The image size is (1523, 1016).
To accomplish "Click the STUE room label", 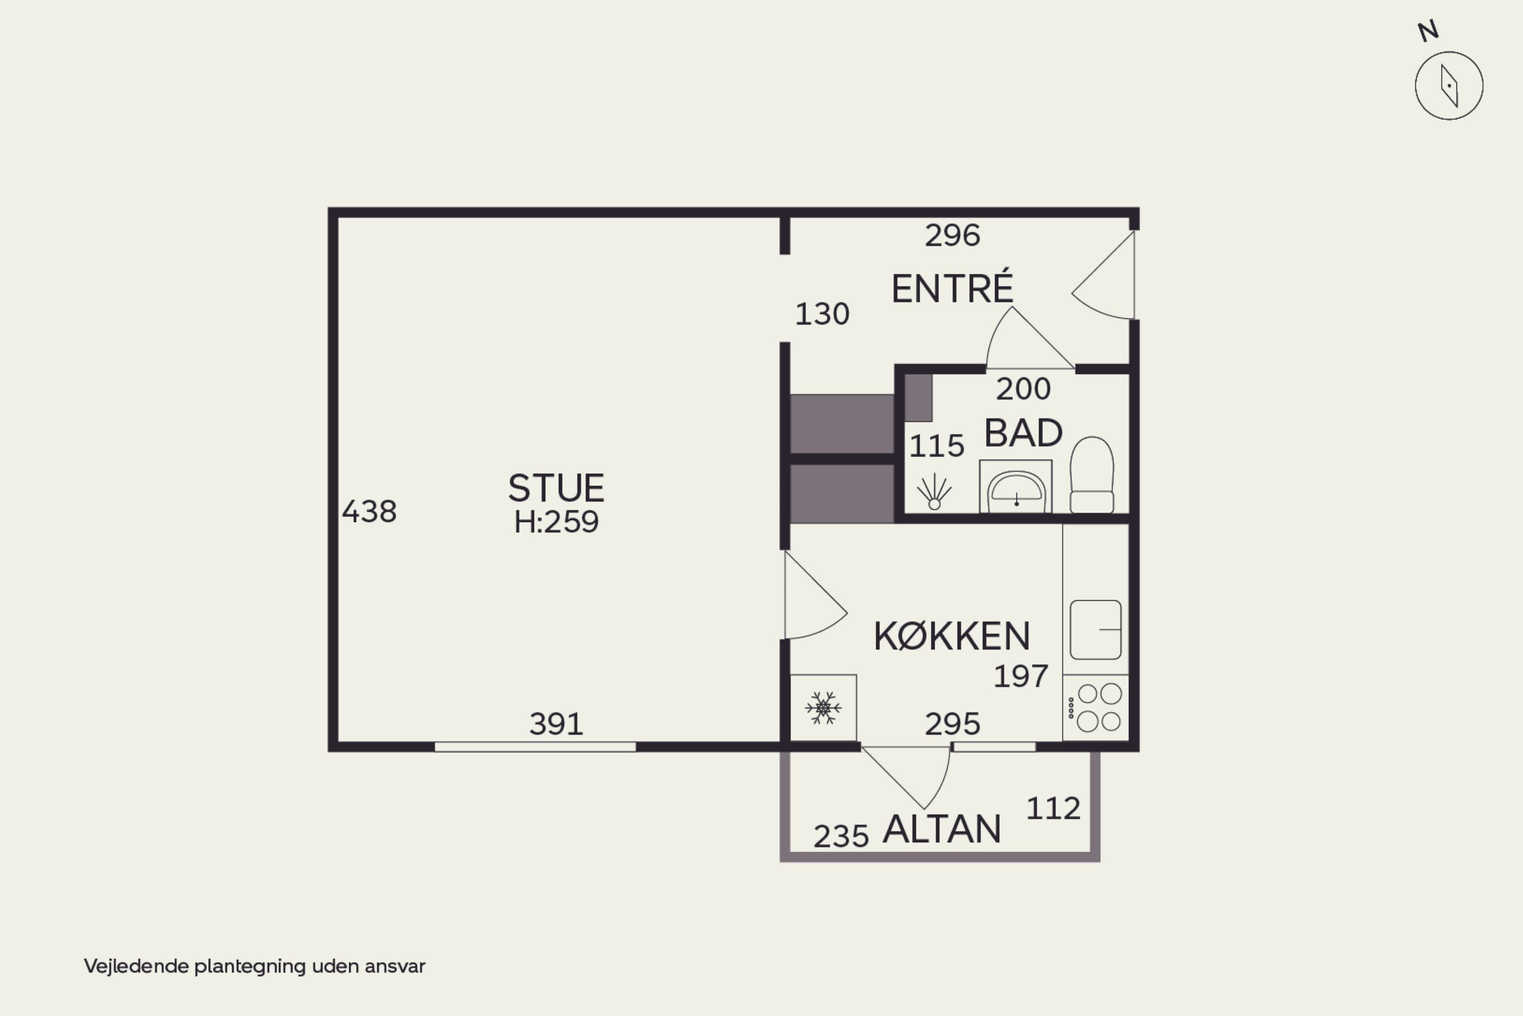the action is [x=556, y=488].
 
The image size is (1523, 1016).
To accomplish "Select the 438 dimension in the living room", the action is [x=369, y=511].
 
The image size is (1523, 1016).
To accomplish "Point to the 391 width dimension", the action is [x=556, y=724].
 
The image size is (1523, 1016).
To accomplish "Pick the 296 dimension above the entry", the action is [x=952, y=235].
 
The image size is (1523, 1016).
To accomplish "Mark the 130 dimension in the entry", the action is [x=822, y=314].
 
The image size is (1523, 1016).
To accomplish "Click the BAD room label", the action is [x=1023, y=433].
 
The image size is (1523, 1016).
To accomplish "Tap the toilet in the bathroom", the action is [x=1091, y=475].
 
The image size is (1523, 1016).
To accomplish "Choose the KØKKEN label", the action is [x=952, y=636].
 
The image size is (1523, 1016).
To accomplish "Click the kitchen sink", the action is [x=1096, y=629].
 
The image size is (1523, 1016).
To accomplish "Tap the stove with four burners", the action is [x=1096, y=708].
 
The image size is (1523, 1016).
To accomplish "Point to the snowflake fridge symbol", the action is [x=823, y=708].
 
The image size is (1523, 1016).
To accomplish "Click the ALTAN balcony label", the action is [x=942, y=829].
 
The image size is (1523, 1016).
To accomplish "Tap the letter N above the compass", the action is [x=1429, y=31].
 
